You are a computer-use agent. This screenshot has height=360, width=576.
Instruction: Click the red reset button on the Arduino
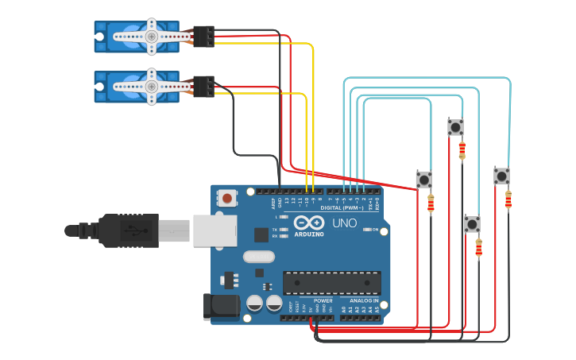coord(228,198)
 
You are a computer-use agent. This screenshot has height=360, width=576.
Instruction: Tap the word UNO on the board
coord(344,223)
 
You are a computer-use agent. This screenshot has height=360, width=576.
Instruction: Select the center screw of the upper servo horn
coord(151,37)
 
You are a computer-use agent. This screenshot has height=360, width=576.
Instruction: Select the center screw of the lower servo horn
coord(151,86)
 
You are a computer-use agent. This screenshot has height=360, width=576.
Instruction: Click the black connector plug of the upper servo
coord(204,37)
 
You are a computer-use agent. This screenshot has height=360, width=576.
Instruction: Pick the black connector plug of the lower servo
coord(204,86)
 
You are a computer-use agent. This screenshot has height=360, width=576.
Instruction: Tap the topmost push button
coord(455,127)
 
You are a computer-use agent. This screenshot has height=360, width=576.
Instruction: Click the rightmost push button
coord(501,176)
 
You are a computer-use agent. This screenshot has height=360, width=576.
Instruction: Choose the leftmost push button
coord(424,180)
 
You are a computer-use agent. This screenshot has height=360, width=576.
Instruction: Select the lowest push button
coord(473,224)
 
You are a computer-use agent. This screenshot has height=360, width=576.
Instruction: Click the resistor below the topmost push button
coord(462,150)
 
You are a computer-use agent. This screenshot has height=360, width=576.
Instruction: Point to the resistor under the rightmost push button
coord(508,199)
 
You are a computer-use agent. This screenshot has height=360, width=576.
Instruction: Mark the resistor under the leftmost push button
coord(431,204)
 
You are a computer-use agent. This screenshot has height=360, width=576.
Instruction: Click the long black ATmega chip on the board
coord(332,282)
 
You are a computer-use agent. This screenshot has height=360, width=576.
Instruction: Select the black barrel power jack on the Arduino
coord(219,307)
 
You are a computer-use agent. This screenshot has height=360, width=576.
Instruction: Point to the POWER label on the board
coord(323,301)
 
